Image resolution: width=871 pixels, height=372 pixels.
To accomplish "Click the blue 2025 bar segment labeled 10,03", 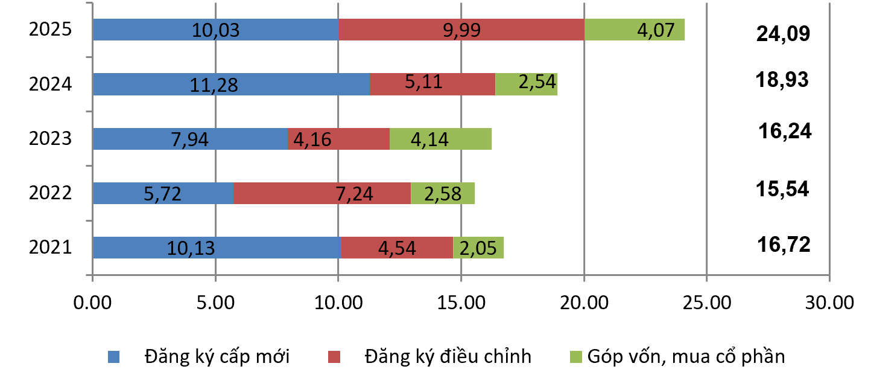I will tap(215, 30).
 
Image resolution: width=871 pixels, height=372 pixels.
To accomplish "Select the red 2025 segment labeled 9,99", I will tap(461, 30).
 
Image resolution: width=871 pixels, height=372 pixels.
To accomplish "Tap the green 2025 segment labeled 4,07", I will tap(635, 30).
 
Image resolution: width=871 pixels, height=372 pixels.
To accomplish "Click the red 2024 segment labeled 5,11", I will tap(432, 84).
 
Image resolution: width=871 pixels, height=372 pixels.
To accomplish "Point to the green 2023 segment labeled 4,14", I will tap(440, 139).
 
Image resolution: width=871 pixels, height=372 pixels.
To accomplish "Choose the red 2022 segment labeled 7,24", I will tap(322, 193).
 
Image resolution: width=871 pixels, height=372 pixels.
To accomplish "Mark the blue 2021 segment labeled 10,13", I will tap(217, 248).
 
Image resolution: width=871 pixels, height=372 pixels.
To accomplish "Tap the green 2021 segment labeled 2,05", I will tap(478, 248).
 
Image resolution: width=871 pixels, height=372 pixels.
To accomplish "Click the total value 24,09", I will tap(782, 34).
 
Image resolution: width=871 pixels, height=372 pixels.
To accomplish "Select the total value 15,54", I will tap(782, 190).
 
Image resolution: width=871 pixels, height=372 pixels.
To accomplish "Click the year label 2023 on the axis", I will tap(51, 139).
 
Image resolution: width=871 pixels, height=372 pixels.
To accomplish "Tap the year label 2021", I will tap(51, 248).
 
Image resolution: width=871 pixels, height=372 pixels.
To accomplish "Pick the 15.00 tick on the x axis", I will tap(461, 301).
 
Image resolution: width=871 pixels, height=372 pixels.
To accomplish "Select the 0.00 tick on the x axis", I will tap(92, 301).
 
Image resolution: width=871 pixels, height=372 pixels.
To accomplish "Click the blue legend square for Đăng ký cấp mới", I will tap(114, 356).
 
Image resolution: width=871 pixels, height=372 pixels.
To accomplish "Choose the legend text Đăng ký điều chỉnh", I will tap(448, 356).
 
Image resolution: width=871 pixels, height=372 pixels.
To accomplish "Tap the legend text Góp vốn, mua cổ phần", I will tap(685, 356).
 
